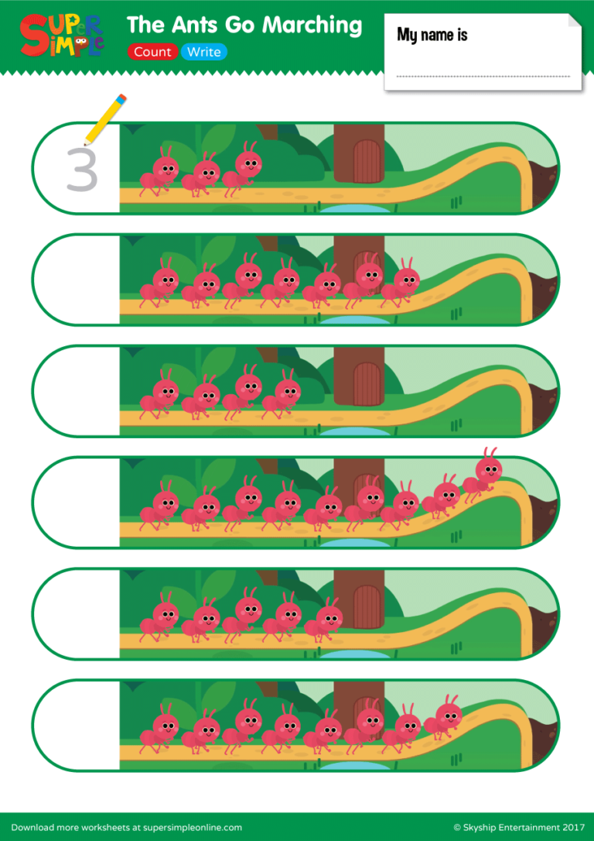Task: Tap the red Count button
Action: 152,53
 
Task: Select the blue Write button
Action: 204,53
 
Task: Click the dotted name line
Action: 483,76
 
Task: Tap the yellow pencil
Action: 105,118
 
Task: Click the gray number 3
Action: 81,170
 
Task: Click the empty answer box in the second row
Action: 76,280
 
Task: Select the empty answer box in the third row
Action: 76,391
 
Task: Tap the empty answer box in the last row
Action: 76,726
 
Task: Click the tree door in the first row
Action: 367,160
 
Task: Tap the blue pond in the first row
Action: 356,208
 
